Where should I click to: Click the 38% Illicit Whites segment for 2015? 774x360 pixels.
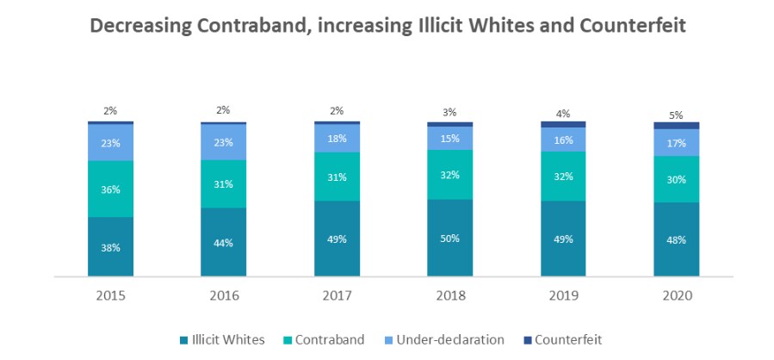(x=110, y=247)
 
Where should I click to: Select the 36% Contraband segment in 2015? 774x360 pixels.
(x=110, y=189)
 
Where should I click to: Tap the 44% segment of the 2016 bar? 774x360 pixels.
(x=223, y=243)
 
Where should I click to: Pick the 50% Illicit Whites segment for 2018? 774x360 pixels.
(x=449, y=239)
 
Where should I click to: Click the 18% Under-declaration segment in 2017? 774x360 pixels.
(x=337, y=139)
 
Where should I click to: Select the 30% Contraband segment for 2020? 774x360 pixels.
(x=676, y=179)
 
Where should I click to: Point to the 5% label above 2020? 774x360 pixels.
(x=676, y=115)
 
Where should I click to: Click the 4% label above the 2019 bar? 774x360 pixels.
(x=563, y=113)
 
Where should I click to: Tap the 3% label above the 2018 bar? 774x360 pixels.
(x=449, y=112)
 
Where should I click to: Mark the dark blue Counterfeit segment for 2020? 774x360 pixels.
(x=676, y=126)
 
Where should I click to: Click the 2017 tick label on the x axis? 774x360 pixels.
(x=337, y=295)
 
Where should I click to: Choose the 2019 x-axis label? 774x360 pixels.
(x=563, y=295)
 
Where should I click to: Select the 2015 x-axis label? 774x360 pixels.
(x=110, y=295)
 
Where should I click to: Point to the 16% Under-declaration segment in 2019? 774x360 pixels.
(x=563, y=140)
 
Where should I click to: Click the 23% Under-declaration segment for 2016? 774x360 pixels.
(x=223, y=143)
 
